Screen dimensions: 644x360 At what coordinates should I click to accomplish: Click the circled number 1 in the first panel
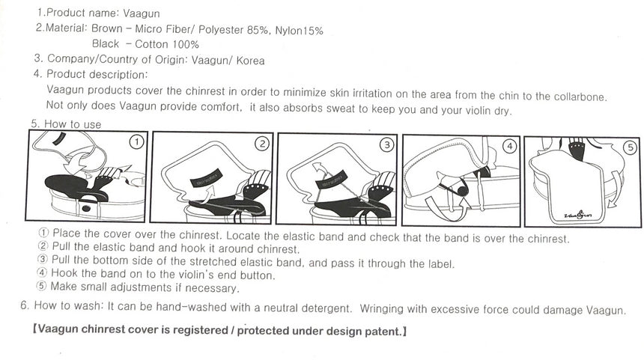pos(137,142)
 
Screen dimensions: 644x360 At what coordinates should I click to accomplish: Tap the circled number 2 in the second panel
pos(262,144)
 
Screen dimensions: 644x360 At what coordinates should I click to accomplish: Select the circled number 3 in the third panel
pos(387,144)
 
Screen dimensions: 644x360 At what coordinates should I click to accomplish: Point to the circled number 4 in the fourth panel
pos(510,146)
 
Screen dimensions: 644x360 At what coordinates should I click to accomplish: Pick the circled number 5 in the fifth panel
pos(631,147)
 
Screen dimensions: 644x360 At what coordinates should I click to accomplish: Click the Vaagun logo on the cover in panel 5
pos(578,214)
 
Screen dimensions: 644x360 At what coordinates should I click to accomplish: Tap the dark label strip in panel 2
pos(206,177)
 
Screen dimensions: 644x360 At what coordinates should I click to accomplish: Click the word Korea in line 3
pos(250,61)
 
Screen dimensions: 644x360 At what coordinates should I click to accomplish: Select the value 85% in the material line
pos(258,30)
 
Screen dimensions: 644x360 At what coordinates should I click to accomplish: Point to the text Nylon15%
pos(299,31)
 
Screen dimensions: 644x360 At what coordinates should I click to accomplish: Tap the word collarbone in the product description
pos(580,97)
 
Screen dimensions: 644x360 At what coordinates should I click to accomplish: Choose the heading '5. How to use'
pos(66,124)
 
